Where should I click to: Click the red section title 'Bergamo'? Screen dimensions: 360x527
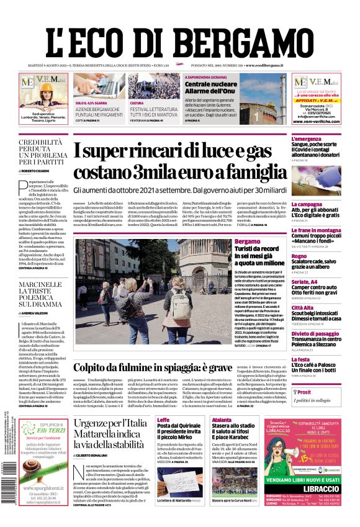[248, 241]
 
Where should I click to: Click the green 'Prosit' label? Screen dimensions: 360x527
[304, 392]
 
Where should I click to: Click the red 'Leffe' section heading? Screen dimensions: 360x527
[163, 420]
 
